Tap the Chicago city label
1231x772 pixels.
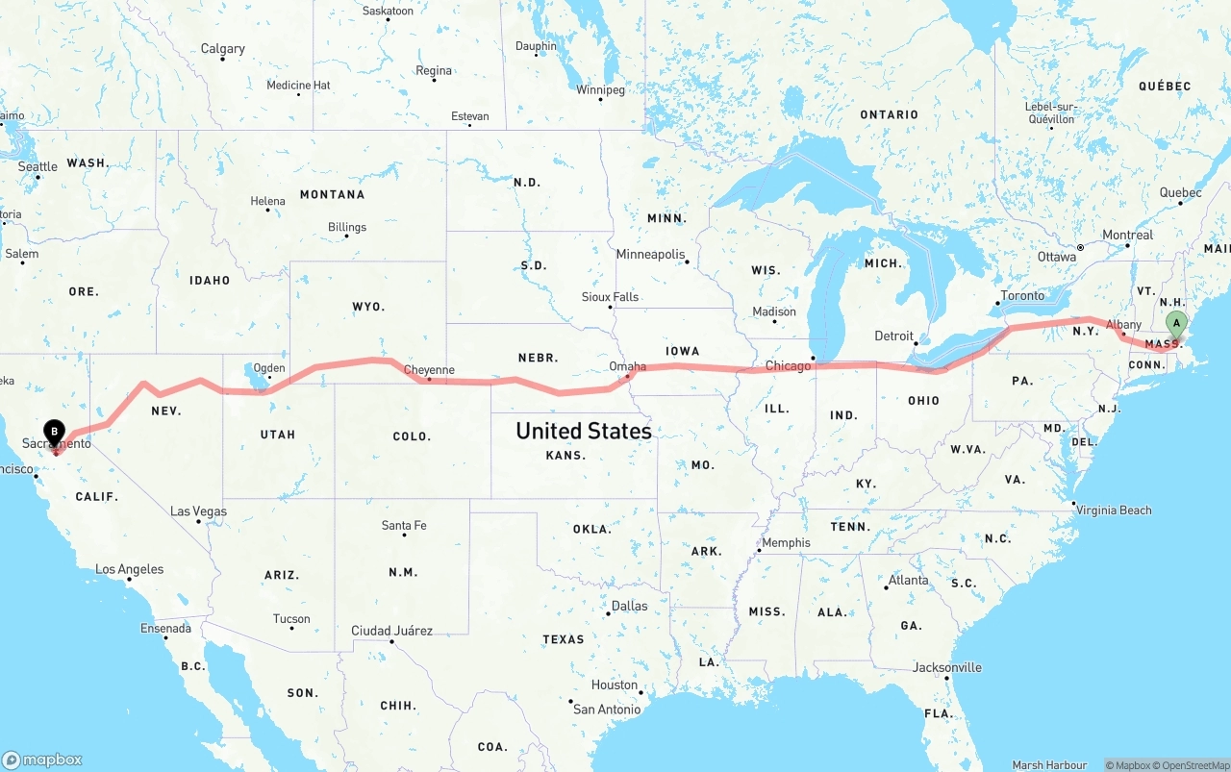tap(788, 366)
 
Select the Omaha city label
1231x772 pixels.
tap(627, 366)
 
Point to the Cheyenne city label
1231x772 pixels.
tap(429, 369)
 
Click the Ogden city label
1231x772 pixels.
tap(269, 367)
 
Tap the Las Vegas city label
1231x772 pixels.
tap(198, 511)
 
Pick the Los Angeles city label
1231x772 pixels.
tap(130, 569)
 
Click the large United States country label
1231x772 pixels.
tap(583, 431)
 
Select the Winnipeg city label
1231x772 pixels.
tap(600, 90)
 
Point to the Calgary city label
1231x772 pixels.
tap(222, 49)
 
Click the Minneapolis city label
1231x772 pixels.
tap(650, 255)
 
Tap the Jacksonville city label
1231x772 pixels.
tap(947, 667)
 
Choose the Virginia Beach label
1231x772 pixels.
tap(1114, 510)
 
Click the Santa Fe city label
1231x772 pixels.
tap(404, 526)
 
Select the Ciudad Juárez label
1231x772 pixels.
tap(391, 631)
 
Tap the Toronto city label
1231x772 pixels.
tap(1021, 295)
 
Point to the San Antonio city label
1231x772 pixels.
tap(606, 710)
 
